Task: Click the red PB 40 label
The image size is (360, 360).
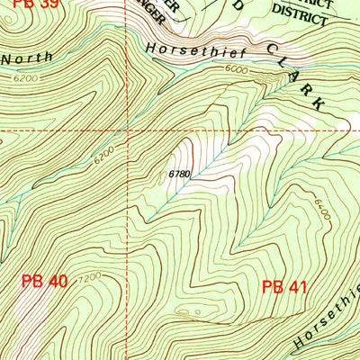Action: pos(44,282)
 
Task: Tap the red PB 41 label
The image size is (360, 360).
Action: pos(285,287)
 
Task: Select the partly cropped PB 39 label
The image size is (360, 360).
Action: pos(17,5)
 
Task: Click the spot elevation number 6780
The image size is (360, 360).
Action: pos(178,173)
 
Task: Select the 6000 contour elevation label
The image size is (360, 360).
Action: pos(236,68)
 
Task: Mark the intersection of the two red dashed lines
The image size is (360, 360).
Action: pos(128,131)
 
